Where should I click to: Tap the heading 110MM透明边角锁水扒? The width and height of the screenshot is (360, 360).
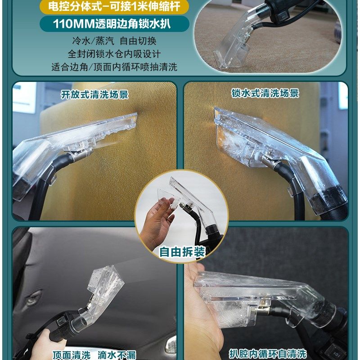(114, 24)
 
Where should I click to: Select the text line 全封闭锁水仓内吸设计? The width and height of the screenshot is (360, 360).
(114, 54)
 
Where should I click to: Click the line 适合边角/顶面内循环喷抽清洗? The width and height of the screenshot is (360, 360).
(114, 67)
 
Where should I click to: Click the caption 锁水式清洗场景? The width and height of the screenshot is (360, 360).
(265, 93)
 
